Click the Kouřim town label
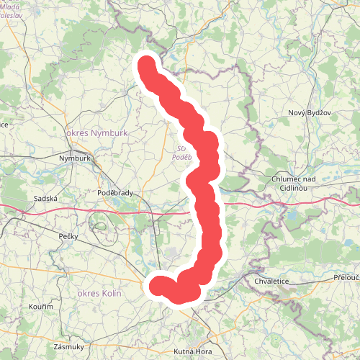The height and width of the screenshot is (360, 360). pyautogui.click(x=42, y=307)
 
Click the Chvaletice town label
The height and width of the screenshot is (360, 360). pyautogui.click(x=272, y=280)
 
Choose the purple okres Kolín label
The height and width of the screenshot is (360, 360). pyautogui.click(x=99, y=293)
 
